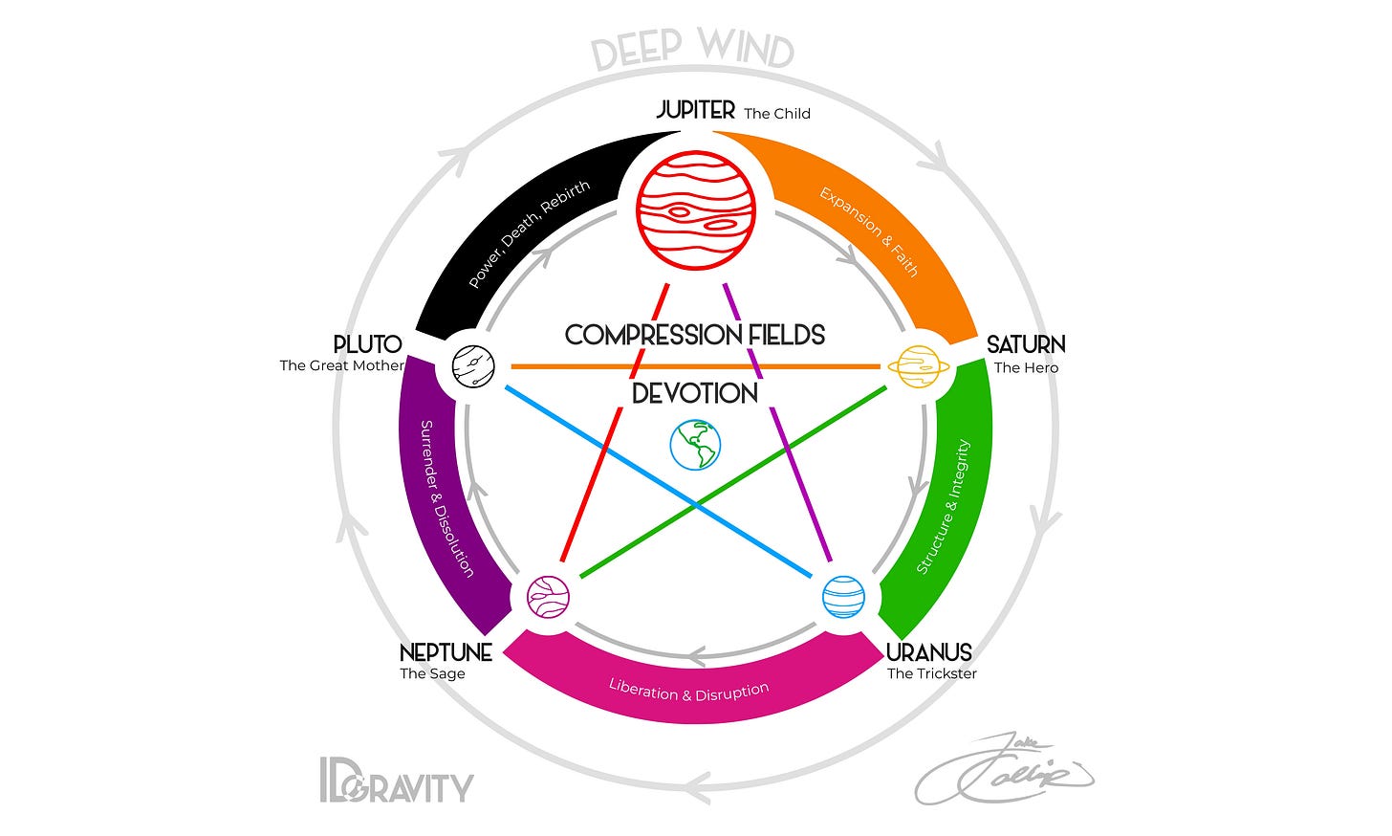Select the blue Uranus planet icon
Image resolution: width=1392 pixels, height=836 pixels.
pos(844,597)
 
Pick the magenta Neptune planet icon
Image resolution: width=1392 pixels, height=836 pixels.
pos(548,597)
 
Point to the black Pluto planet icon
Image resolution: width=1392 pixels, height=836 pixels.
pos(473,364)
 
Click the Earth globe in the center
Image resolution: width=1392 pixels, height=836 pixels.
pos(695,446)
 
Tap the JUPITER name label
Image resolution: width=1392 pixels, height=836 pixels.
pos(696,110)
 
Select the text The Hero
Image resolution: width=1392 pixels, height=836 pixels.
pos(1026,367)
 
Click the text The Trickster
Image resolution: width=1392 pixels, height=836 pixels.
pos(931,673)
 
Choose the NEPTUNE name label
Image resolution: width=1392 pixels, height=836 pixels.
pos(446,652)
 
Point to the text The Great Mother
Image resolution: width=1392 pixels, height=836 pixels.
pos(341,365)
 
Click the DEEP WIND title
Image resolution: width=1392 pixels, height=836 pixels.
pos(692,50)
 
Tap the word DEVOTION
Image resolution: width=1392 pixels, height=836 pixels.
pos(695,393)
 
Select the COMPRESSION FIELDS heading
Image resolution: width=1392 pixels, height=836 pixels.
pos(695,335)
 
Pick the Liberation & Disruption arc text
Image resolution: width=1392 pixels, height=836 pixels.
pos(688,691)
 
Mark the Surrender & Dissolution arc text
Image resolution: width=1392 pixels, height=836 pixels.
pos(447,497)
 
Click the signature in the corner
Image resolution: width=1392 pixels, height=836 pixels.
pos(1004,769)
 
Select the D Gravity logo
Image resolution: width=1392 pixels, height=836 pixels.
pos(396,781)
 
